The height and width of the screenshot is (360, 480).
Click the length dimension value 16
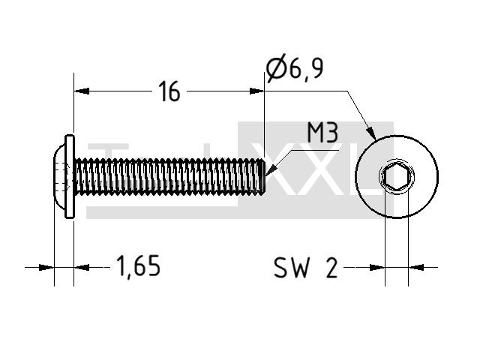[x=169, y=91]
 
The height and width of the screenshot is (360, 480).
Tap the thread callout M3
[x=322, y=133]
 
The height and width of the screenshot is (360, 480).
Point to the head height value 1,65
[x=138, y=266]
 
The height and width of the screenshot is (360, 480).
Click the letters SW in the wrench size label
[x=290, y=268]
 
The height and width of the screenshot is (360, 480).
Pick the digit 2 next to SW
[x=331, y=268]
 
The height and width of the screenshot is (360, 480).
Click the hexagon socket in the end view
[x=397, y=176]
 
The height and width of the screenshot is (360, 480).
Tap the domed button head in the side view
[x=60, y=176]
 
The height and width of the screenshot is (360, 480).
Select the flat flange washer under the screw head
[x=70, y=176]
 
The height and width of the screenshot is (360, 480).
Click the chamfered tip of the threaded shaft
[x=262, y=176]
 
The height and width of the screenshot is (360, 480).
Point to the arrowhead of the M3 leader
[x=271, y=170]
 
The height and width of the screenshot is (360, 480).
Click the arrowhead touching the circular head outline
[x=371, y=133]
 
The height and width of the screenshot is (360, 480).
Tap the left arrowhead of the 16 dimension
[x=82, y=91]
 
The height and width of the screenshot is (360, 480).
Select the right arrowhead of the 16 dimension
[x=256, y=91]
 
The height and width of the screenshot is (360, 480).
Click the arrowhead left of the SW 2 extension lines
[x=377, y=268]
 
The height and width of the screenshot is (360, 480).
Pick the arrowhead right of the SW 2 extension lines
[x=416, y=268]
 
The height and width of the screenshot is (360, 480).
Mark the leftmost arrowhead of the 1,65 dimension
[x=46, y=268]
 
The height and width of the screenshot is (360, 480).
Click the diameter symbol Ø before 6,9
[x=276, y=68]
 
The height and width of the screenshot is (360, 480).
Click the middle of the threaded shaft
[x=169, y=176]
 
